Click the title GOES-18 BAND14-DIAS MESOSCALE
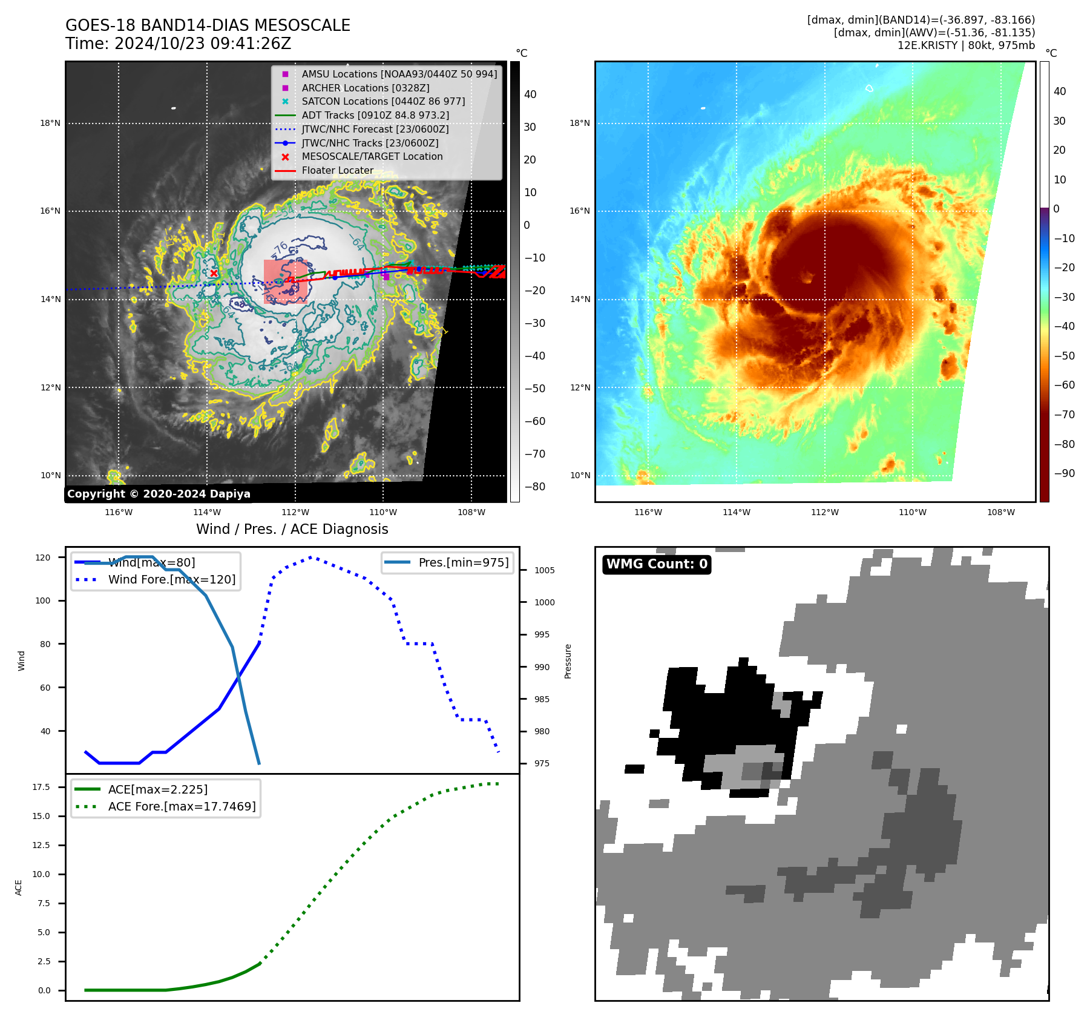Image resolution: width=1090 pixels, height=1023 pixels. pos(208,25)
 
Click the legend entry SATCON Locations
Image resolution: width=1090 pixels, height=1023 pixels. pos(383,101)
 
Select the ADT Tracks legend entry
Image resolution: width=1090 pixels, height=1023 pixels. pos(375,115)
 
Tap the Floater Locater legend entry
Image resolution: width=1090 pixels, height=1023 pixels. pos(337,170)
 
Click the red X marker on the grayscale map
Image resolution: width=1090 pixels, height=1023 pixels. pos(214,273)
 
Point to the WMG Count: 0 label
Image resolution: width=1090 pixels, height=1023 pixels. pos(657,564)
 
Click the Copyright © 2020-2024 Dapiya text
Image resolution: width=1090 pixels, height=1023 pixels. pos(159,494)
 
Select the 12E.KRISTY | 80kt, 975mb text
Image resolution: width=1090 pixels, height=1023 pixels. pos(966,45)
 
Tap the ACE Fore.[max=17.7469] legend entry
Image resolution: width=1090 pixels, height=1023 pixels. pos(182,806)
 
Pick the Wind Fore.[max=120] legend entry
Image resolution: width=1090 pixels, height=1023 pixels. pos(172,579)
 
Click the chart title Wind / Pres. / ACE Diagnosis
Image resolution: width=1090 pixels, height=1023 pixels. pos(292,529)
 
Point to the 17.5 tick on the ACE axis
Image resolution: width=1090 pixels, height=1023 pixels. pos(41,787)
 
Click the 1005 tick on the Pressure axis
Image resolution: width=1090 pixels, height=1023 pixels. pos(544,570)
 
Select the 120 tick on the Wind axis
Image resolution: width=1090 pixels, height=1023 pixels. pos(43,558)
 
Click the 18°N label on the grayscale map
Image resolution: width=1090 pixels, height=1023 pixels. pos(50,123)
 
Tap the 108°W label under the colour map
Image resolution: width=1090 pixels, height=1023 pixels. pos(1001,512)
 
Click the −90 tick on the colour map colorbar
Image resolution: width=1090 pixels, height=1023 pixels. pos(1064,473)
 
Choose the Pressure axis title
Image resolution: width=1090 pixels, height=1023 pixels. pos(568,661)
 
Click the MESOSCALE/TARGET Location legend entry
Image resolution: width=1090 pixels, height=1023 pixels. pos(372,156)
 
